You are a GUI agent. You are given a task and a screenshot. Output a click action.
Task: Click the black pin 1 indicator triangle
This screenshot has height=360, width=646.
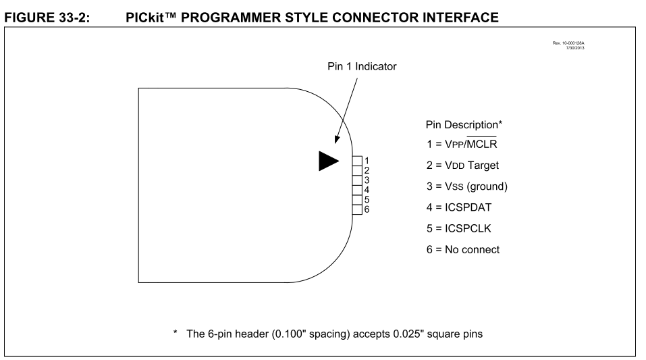[328, 160]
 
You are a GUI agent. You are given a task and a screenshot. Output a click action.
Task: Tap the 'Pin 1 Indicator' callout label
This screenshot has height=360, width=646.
[366, 68]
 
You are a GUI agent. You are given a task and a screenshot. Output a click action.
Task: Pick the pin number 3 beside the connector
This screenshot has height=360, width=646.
[367, 180]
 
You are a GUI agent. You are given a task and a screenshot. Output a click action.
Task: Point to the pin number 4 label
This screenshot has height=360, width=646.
[367, 190]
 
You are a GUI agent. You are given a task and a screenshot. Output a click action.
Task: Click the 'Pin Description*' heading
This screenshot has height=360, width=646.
[465, 126]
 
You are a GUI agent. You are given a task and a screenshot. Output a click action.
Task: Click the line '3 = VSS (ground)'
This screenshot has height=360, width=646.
[468, 185]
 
